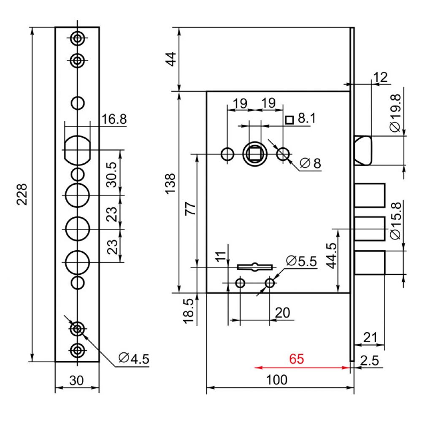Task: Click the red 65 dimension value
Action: (296, 359)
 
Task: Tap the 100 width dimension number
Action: (277, 379)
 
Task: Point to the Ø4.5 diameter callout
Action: (134, 359)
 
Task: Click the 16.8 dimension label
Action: (114, 119)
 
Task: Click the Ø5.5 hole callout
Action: (301, 261)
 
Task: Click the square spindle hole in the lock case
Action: (254, 154)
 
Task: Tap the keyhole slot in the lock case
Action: (255, 267)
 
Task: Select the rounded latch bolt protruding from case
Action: (363, 150)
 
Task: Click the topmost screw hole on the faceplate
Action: (77, 39)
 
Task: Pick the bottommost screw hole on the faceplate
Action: (77, 349)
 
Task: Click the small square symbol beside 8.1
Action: (289, 120)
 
